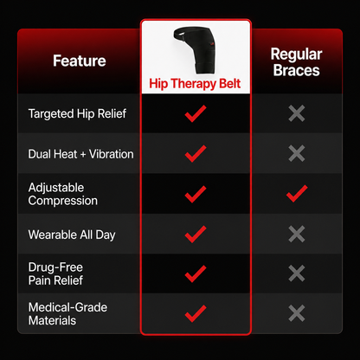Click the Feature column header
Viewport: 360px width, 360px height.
pyautogui.click(x=80, y=61)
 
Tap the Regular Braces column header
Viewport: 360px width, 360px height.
pyautogui.click(x=296, y=62)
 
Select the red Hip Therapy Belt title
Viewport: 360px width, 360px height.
pyautogui.click(x=195, y=84)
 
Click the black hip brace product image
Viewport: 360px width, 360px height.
pyautogui.click(x=195, y=49)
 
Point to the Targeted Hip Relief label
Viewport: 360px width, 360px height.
pyautogui.click(x=77, y=113)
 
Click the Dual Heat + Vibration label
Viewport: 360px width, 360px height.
pyautogui.click(x=80, y=154)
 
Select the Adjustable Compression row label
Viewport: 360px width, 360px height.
pyautogui.click(x=63, y=194)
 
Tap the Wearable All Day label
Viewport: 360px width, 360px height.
pyautogui.click(x=72, y=235)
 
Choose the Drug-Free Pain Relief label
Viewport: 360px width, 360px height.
pyautogui.click(x=55, y=273)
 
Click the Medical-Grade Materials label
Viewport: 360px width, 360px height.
pyautogui.click(x=67, y=314)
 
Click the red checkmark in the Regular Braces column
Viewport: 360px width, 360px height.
pyautogui.click(x=297, y=194)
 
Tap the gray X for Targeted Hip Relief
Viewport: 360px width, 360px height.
pyautogui.click(x=297, y=113)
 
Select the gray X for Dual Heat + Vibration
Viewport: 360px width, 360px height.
pyautogui.click(x=297, y=153)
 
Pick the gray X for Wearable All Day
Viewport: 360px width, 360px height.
pyautogui.click(x=297, y=234)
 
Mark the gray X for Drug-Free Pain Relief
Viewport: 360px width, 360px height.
pyautogui.click(x=297, y=273)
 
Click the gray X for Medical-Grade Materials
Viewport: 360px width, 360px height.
pyautogui.click(x=297, y=313)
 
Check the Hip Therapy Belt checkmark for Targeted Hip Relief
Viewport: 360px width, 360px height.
pyautogui.click(x=196, y=113)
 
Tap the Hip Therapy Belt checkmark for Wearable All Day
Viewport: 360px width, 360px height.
pyautogui.click(x=196, y=235)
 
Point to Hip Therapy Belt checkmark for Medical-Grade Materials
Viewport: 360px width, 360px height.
pyautogui.click(x=196, y=313)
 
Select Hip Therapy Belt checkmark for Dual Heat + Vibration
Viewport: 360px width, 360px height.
pyautogui.click(x=196, y=154)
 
